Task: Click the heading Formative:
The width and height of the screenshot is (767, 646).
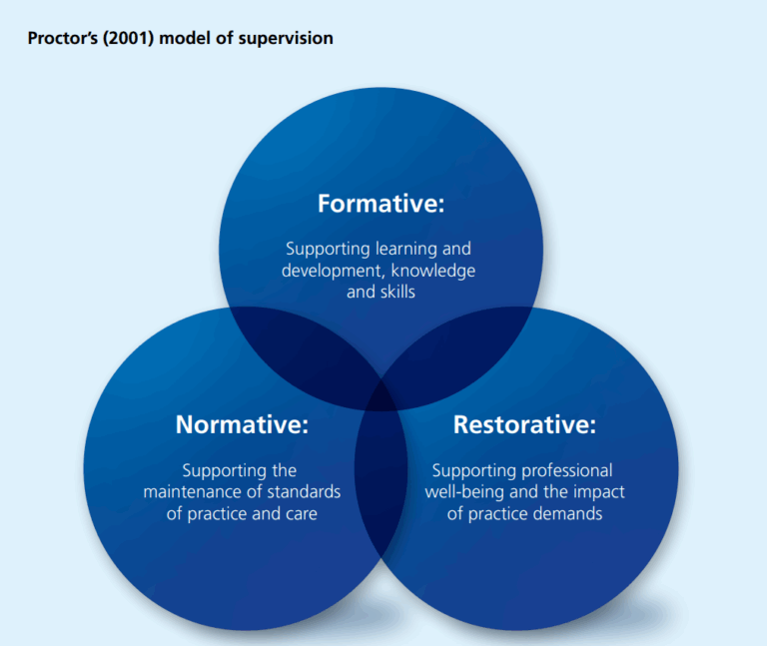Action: (x=381, y=204)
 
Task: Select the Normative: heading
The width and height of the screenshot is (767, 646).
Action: (x=242, y=424)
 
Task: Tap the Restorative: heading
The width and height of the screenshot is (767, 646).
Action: (x=524, y=424)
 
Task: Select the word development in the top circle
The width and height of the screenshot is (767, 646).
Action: (x=323, y=271)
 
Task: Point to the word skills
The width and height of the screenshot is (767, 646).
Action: (x=394, y=293)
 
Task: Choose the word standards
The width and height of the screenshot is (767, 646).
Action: (x=305, y=492)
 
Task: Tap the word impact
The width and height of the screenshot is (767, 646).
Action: (x=602, y=492)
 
